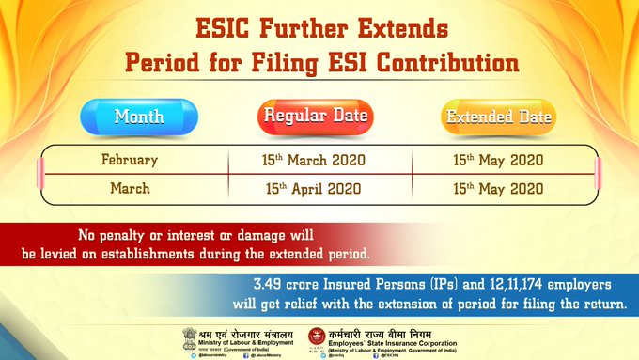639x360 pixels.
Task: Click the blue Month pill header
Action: [x=138, y=117]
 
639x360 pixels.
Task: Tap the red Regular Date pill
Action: [x=316, y=117]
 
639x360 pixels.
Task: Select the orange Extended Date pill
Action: [x=499, y=117]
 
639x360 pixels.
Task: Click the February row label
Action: [x=129, y=160]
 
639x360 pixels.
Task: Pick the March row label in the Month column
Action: [x=129, y=187]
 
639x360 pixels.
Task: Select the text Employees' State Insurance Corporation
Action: [x=407, y=344]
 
